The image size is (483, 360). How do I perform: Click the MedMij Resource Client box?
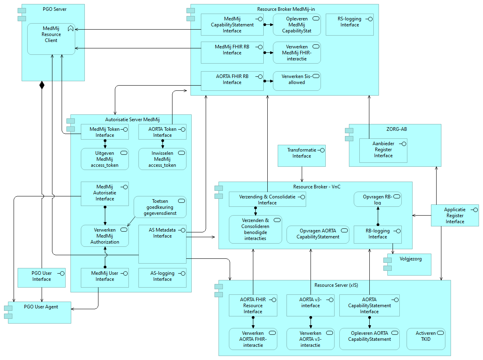click(x=51, y=38)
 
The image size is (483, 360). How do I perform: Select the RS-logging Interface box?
click(x=349, y=24)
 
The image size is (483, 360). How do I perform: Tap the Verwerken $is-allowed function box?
click(x=297, y=81)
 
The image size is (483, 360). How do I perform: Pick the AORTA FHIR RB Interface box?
click(x=232, y=81)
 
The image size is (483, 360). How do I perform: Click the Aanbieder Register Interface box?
click(x=383, y=150)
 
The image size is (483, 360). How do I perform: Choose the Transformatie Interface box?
click(x=302, y=156)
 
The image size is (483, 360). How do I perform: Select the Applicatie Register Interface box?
click(x=455, y=215)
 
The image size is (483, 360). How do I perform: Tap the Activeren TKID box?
click(x=426, y=339)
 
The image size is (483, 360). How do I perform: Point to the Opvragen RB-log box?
click(x=377, y=199)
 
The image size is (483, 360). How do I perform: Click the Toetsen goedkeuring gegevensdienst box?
click(x=160, y=207)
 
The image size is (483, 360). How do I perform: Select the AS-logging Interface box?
click(x=162, y=278)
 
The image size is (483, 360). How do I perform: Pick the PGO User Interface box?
click(x=42, y=278)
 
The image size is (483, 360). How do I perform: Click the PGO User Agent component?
click(x=39, y=312)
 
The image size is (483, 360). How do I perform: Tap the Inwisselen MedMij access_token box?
click(x=162, y=159)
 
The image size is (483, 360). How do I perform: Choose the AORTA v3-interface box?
click(x=311, y=305)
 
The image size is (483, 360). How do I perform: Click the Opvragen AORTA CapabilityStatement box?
click(x=318, y=235)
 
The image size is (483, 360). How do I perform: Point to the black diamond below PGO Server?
click(x=42, y=85)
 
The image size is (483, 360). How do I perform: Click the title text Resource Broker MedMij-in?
click(x=284, y=8)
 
